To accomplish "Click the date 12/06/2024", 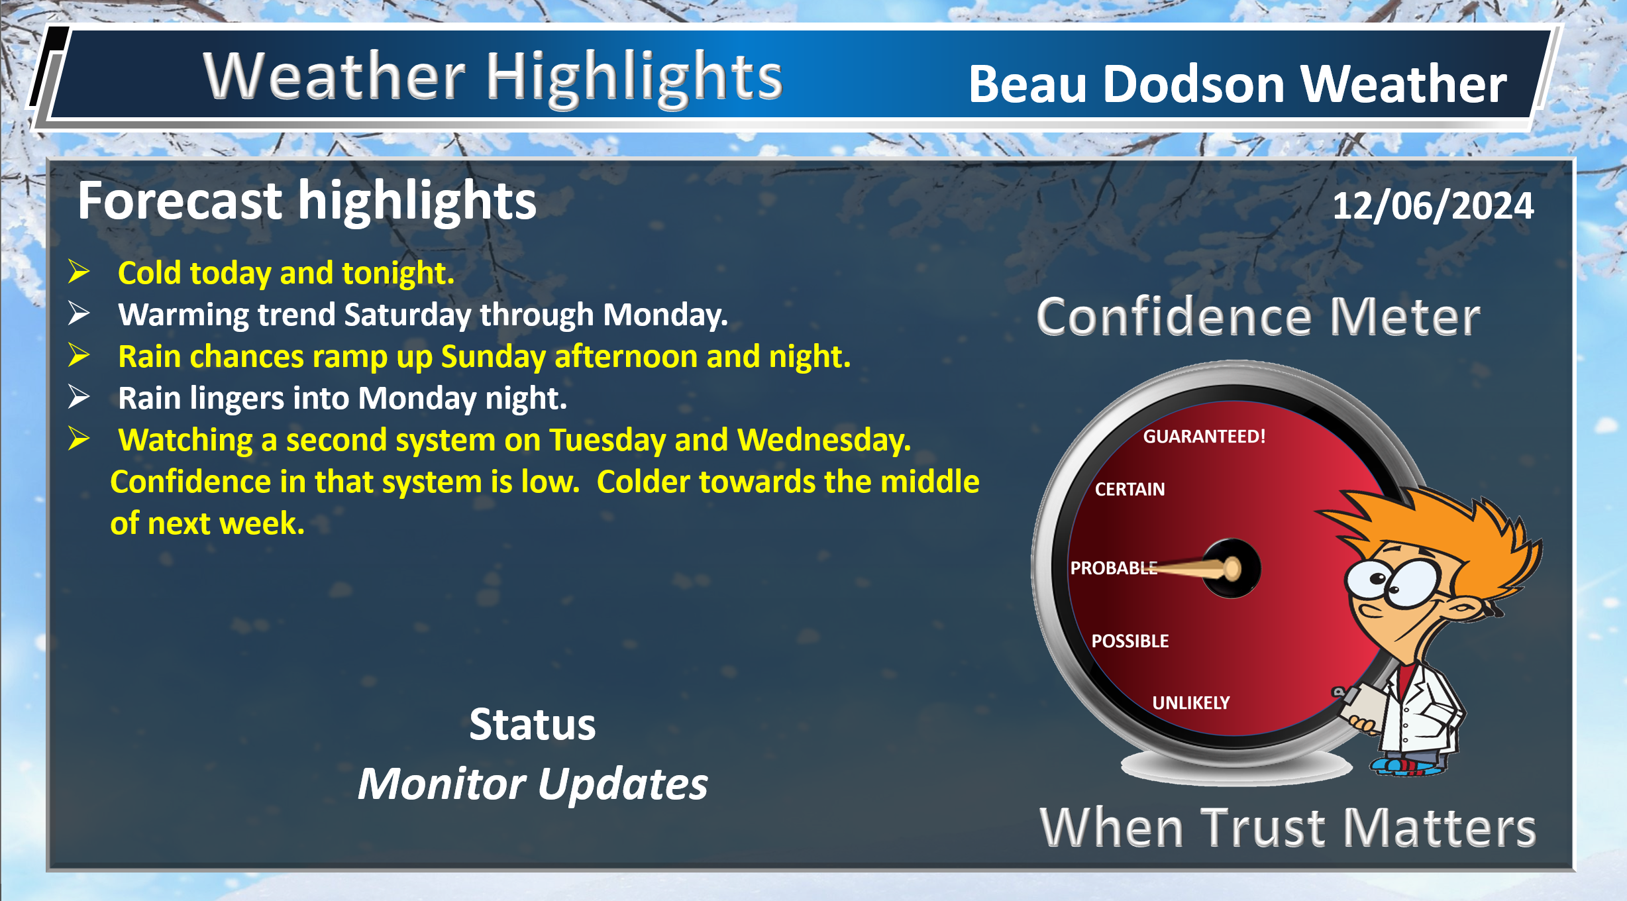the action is (x=1433, y=205).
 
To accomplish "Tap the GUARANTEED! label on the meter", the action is (x=1204, y=437).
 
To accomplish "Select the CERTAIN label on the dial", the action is (x=1129, y=490).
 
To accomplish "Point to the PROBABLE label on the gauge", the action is (x=1114, y=568).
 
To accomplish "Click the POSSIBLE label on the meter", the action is (x=1130, y=641).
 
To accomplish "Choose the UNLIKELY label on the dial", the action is (x=1191, y=703).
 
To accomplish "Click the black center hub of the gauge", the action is (x=1232, y=568).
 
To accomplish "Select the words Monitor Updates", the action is (x=533, y=784).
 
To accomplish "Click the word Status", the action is (x=533, y=724).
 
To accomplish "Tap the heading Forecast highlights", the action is (x=307, y=201).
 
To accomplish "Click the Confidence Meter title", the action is (x=1258, y=317).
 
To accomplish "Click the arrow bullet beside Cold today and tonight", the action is (x=79, y=272).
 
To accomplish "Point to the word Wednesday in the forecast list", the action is (x=824, y=440).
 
